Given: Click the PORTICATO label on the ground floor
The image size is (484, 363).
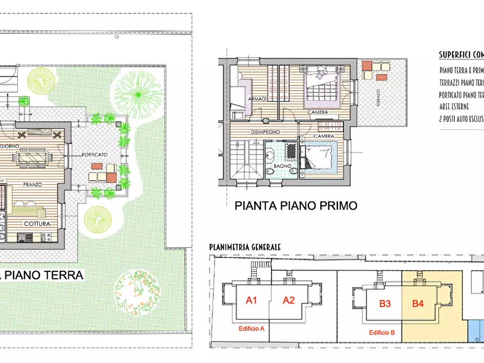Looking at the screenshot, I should click(95, 154).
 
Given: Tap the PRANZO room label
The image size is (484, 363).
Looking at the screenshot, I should click(33, 184).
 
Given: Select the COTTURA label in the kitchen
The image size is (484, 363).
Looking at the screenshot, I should click(37, 223).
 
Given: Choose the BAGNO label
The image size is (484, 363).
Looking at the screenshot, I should click(282, 166).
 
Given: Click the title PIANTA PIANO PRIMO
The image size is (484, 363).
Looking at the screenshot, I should click(295, 206).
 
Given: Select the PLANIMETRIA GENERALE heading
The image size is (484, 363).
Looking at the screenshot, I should click(245, 247).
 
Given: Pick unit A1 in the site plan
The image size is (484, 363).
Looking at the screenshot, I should click(251, 300).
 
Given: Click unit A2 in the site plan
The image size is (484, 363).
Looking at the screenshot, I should click(288, 300).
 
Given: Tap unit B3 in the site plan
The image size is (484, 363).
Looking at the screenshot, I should click(385, 303).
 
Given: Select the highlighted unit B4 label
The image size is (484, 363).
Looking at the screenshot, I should click(418, 303).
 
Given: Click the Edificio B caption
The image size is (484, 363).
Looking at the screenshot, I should click(382, 333).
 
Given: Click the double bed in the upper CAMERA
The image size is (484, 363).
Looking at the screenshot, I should click(321, 85).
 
